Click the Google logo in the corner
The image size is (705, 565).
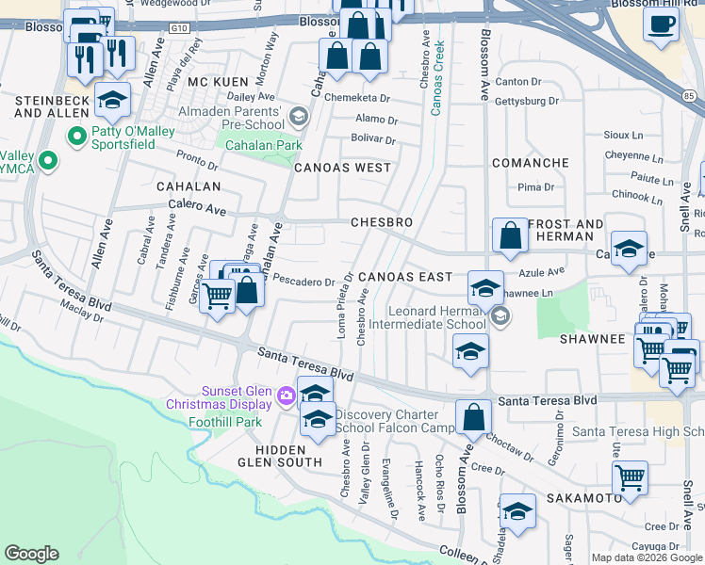coord(31,554)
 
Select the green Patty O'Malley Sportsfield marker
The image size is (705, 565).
coord(75,138)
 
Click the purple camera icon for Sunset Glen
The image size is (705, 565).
coord(286,399)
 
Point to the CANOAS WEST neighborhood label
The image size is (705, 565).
coord(341,168)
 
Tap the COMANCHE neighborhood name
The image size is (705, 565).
coord(529,163)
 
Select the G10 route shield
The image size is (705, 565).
coord(180,29)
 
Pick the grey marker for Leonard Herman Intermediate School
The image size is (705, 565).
coord(500,316)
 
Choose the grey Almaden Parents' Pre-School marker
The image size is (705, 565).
coord(299,117)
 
